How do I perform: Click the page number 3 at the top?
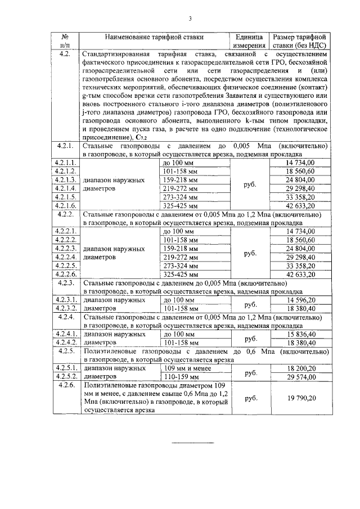190,19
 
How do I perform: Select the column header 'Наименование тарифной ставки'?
154,38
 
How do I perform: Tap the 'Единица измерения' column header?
249,42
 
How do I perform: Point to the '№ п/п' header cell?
65,42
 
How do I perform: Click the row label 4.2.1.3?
66,180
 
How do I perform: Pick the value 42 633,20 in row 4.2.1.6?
300,206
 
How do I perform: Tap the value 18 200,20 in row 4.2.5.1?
300,368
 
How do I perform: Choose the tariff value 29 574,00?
300,377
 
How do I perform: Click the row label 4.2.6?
66,386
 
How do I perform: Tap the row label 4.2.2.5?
66,265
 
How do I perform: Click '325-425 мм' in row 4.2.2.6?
179,274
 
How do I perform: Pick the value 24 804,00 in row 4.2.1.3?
300,180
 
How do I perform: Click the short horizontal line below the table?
192,443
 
